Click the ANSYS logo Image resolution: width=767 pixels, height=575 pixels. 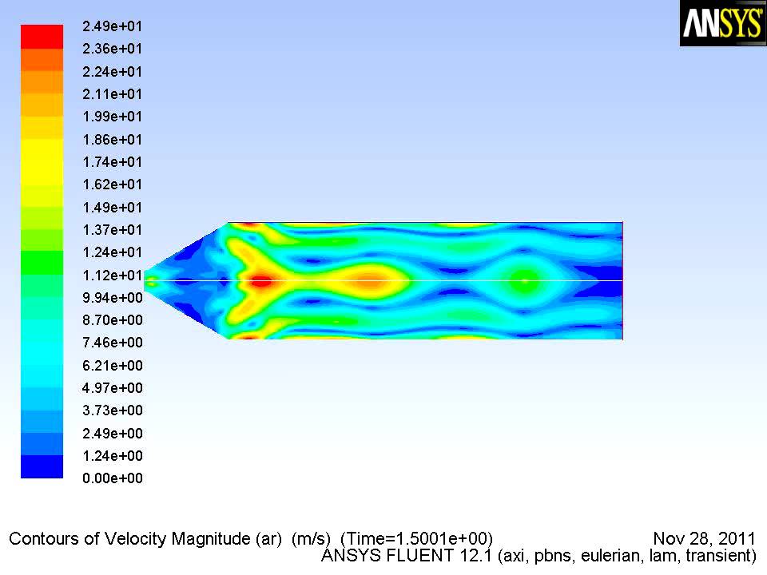[x=723, y=23]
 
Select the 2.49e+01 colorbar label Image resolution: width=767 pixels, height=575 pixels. [x=112, y=26]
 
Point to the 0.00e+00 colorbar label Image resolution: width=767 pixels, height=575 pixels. [x=112, y=478]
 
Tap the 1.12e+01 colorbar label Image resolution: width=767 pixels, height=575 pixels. [x=112, y=275]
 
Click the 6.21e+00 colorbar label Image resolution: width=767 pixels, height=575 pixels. [x=112, y=365]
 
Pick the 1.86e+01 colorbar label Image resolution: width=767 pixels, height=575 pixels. [x=112, y=139]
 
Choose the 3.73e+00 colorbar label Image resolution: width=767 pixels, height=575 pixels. [x=112, y=410]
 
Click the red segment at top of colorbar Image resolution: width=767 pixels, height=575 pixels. [x=42, y=37]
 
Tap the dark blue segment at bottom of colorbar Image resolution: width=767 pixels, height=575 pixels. [x=42, y=466]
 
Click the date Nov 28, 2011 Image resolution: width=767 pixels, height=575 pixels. [x=704, y=538]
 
